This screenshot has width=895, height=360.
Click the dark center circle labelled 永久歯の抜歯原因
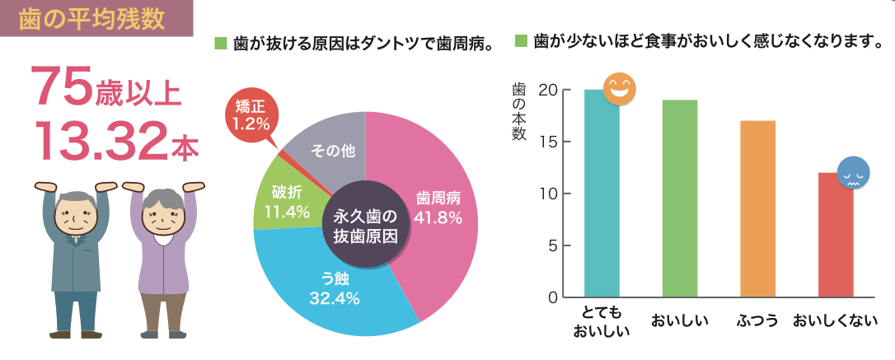tap(365, 225)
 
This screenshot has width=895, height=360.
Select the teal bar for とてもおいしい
tap(602, 198)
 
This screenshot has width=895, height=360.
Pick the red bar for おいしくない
tap(835, 239)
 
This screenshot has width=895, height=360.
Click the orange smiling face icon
tap(620, 89)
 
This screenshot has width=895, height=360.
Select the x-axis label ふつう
tap(757, 320)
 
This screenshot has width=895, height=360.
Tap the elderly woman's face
tap(163, 216)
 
